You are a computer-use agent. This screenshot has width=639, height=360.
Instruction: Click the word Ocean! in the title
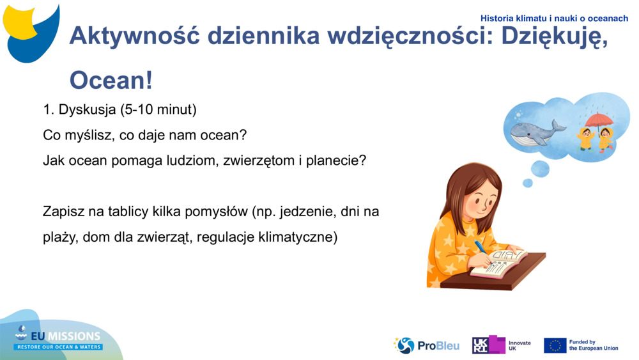[111, 81]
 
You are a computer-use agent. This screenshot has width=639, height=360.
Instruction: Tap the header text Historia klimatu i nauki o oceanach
[554, 19]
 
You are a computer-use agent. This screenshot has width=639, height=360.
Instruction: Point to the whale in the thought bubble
[535, 132]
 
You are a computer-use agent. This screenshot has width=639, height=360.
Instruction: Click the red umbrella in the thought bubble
[599, 120]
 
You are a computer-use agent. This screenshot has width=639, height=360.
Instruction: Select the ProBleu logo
[427, 345]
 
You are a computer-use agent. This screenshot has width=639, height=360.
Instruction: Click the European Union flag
[555, 345]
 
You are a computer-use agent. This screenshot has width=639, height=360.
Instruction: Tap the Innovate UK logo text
[520, 345]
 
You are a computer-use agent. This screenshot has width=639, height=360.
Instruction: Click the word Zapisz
[62, 212]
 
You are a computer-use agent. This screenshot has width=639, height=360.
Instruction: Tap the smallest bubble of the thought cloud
[528, 183]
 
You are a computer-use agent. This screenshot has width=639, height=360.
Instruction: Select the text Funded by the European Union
[593, 345]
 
